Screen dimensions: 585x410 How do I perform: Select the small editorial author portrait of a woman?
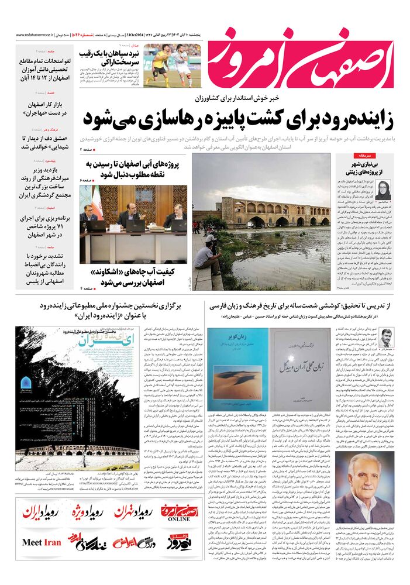(384, 190)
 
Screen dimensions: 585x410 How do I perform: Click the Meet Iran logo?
(41, 542)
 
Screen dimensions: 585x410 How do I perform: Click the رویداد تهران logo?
(133, 512)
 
